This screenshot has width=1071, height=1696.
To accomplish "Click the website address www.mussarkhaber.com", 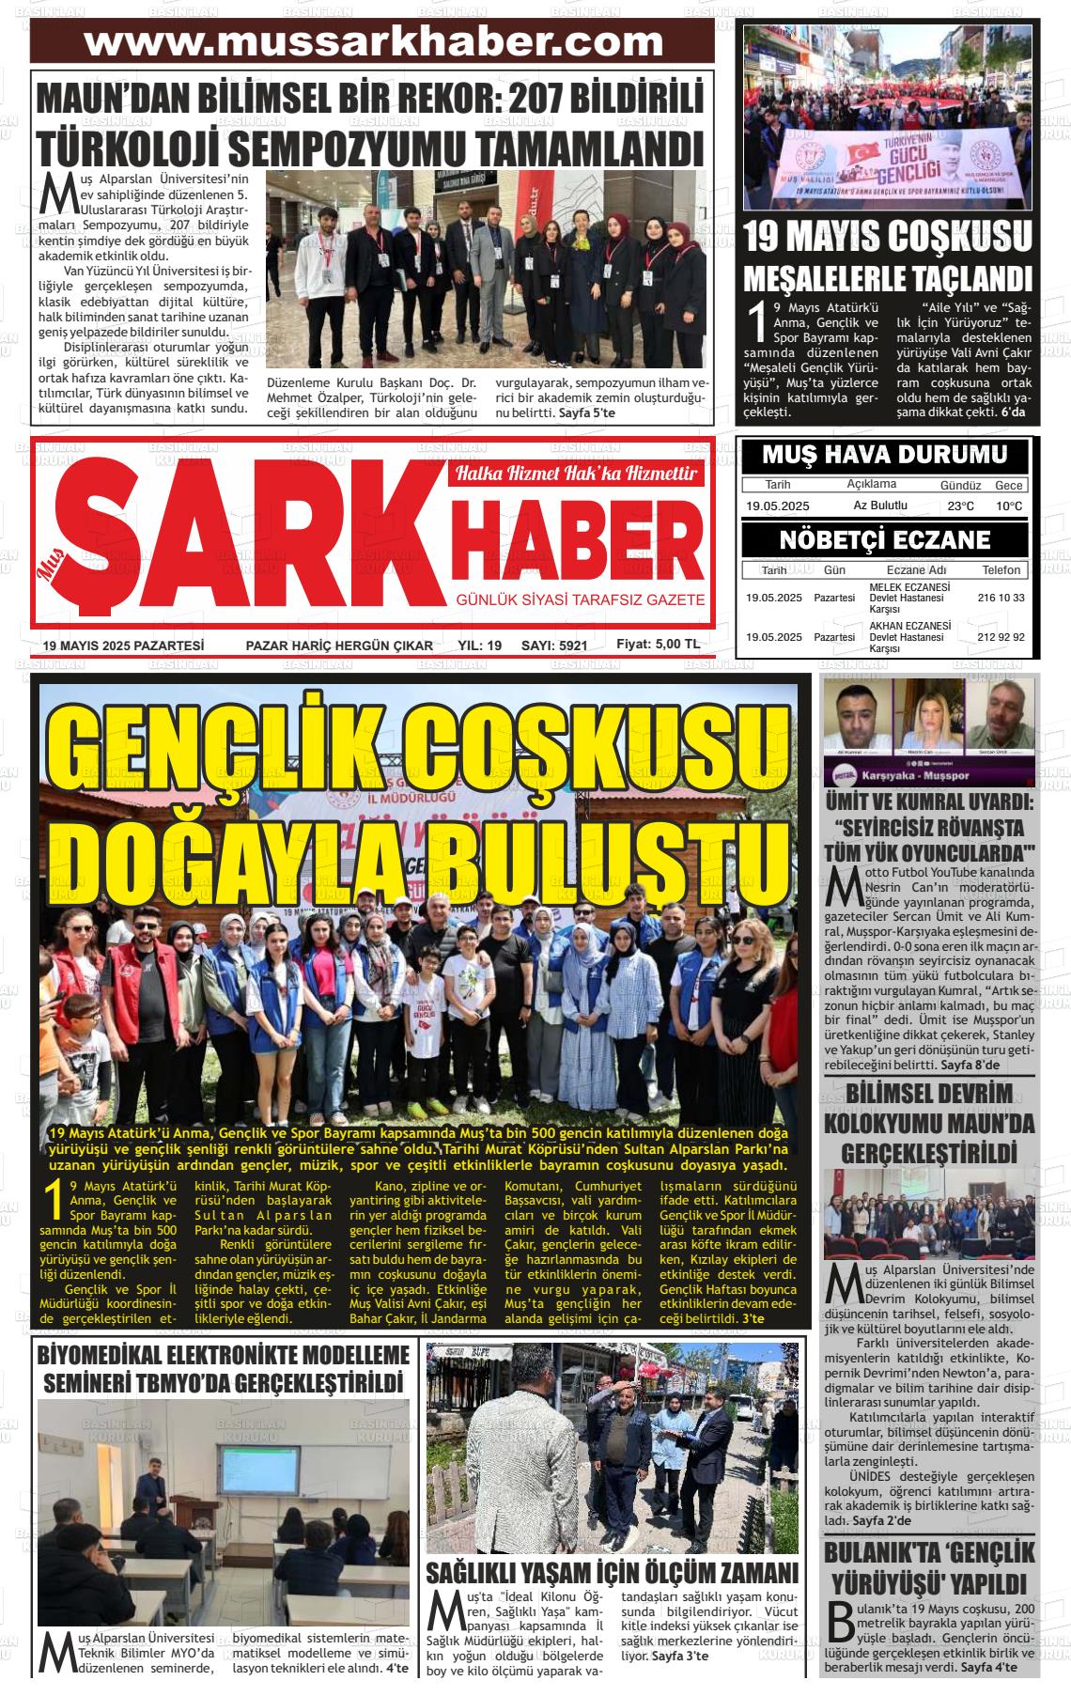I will [373, 41].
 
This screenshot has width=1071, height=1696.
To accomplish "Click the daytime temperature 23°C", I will [960, 506].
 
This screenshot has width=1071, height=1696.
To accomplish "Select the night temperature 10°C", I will [1009, 506].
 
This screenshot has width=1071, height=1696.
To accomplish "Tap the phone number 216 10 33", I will [1001, 598].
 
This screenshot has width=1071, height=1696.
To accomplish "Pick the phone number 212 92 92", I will [1001, 637].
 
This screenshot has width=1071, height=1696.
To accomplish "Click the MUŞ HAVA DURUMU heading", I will [884, 456].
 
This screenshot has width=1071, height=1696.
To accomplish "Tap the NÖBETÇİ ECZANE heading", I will [884, 539].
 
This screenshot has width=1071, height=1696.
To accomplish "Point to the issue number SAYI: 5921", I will [553, 646].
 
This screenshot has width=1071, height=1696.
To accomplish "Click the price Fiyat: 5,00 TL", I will [658, 645].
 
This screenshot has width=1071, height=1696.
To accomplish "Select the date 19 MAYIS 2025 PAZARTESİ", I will [123, 646].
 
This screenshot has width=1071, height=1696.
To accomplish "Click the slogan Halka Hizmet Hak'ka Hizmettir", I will [576, 475].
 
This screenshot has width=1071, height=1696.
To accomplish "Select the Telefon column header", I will [1001, 570].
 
